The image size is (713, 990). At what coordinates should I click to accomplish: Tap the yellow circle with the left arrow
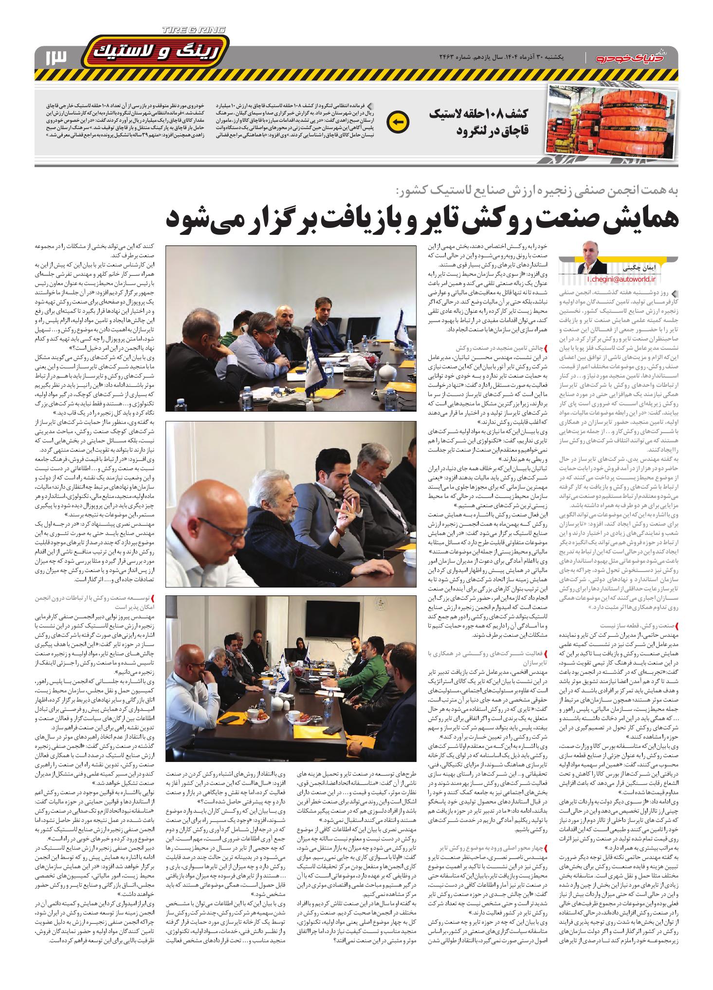click(397, 121)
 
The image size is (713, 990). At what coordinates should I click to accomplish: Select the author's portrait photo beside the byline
click(594, 257)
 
